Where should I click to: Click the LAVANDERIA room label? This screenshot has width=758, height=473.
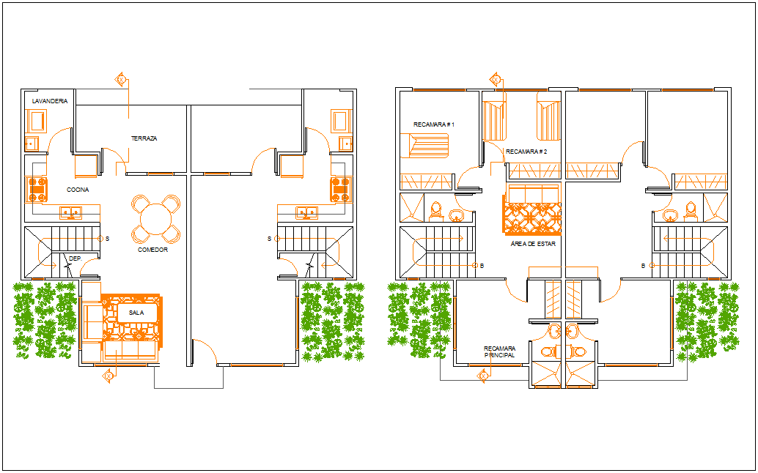[x=50, y=101]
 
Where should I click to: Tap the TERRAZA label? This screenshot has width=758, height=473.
[x=144, y=138]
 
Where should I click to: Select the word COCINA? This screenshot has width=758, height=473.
[x=78, y=190]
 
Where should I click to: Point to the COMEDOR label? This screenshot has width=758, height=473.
[x=152, y=250]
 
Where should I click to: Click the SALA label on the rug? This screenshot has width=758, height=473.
[x=136, y=313]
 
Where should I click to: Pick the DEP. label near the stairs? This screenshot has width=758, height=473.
[x=76, y=258]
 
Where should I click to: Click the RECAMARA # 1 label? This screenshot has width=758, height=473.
[x=434, y=124]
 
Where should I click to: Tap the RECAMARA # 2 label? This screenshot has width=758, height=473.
[x=526, y=152]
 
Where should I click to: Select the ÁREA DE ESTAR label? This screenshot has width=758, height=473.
[x=533, y=244]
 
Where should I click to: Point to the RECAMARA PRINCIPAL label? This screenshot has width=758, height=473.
[x=499, y=351]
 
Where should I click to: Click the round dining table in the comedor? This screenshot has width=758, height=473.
[x=155, y=219]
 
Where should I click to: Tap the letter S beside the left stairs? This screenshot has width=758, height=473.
[x=107, y=239]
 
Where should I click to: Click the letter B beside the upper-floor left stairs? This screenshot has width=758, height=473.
[x=482, y=266]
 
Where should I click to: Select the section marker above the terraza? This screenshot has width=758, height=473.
[x=121, y=78]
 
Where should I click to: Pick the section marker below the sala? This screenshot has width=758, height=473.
[x=108, y=376]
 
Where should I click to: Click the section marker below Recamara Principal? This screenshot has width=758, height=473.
[x=482, y=376]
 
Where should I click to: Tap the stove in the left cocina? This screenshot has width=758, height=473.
[x=37, y=189]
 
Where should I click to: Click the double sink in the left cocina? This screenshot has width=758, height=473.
[x=71, y=212]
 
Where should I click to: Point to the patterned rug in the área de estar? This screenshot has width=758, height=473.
[x=531, y=218]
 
